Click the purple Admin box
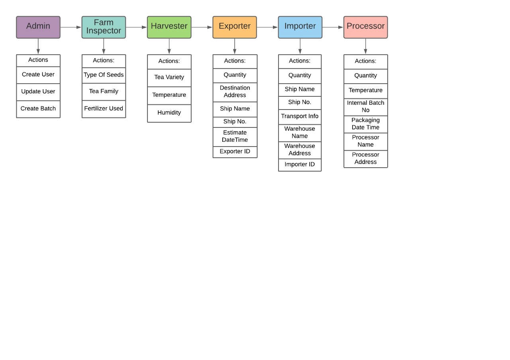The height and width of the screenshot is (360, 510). [38, 27]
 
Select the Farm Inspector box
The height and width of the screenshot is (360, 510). [104, 27]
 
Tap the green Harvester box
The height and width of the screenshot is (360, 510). [169, 27]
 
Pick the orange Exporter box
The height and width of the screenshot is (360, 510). [235, 27]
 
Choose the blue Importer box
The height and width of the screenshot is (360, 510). [300, 27]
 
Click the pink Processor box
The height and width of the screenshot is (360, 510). [365, 27]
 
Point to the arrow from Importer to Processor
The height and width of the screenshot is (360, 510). [333, 27]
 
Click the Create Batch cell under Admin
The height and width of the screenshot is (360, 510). [38, 109]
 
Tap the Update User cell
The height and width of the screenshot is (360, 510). [38, 92]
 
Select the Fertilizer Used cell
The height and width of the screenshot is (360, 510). [104, 109]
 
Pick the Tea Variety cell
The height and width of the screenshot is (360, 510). [169, 77]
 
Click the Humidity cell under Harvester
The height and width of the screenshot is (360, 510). [169, 113]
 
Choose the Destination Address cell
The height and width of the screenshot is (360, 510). [235, 92]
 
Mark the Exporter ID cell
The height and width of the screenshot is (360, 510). [235, 152]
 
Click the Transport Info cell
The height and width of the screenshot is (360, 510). [300, 116]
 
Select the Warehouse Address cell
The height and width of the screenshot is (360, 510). [300, 150]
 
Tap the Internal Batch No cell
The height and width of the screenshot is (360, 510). [366, 106]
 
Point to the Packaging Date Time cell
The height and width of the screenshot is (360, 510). [366, 124]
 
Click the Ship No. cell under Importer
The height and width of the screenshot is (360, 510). [300, 102]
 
